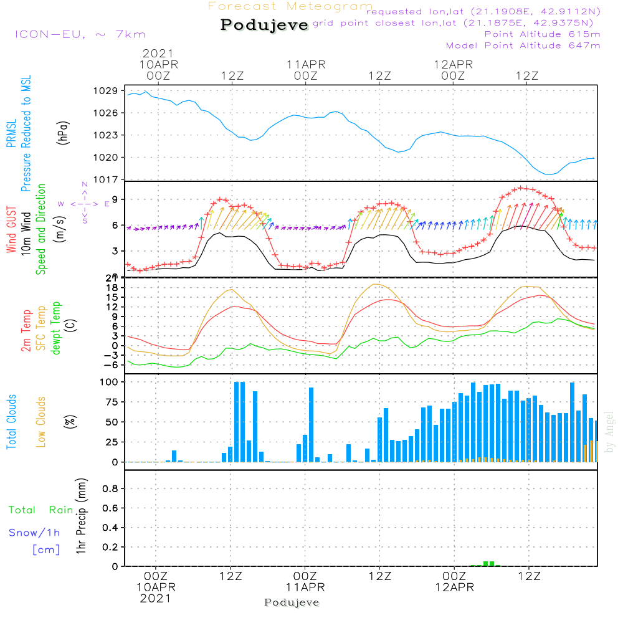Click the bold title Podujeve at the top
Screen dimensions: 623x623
point(265,25)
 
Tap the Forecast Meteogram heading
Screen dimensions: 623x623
point(290,6)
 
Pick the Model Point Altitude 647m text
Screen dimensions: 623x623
point(523,45)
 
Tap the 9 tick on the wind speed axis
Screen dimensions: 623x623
point(115,199)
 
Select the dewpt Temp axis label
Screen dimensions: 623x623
point(55,328)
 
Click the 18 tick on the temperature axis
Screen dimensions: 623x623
point(112,287)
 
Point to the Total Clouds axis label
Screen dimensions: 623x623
point(12,422)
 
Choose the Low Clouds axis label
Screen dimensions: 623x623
point(41,422)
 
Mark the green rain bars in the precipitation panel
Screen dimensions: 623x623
point(489,563)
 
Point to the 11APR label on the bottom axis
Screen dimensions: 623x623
point(305,587)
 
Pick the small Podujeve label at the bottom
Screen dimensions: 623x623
point(292,602)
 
